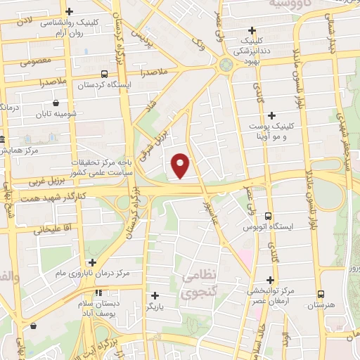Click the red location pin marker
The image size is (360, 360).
coord(181,165)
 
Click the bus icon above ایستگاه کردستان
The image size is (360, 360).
coord(104,74)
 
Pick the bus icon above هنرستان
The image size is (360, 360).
coord(321,295)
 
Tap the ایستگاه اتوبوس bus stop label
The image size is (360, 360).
coord(267,229)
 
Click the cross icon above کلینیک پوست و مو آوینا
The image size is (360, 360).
coord(271,115)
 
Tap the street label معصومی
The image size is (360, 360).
coord(32,62)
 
